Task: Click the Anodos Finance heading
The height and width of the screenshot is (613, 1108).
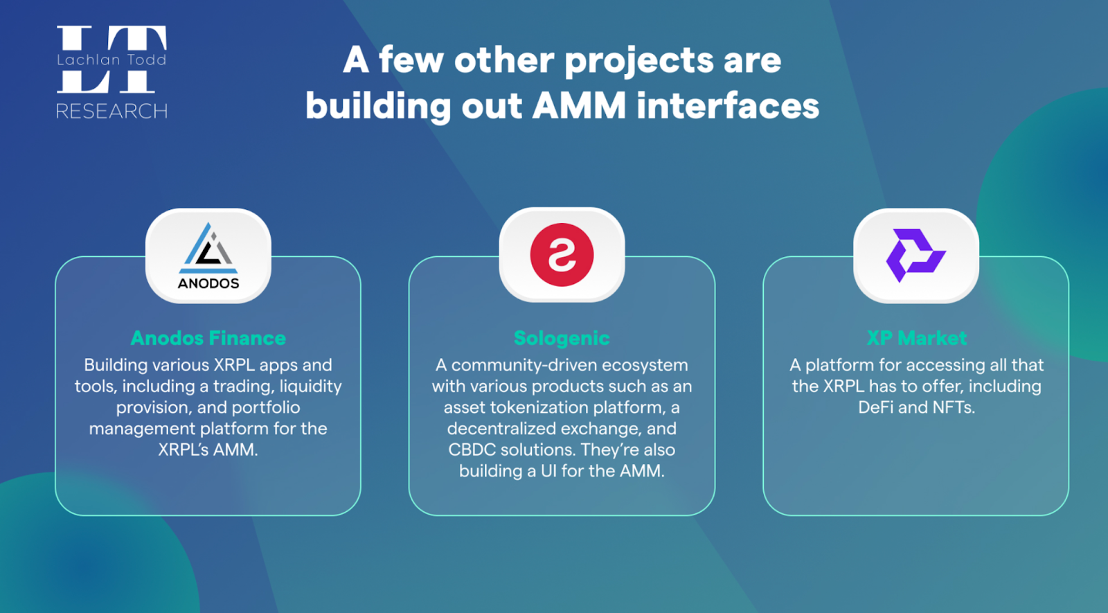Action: pyautogui.click(x=208, y=339)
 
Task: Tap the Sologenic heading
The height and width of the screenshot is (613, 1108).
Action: pyautogui.click(x=562, y=339)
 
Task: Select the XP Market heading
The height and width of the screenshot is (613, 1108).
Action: pyautogui.click(x=917, y=339)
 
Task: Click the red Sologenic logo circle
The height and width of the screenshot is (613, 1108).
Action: pyautogui.click(x=562, y=255)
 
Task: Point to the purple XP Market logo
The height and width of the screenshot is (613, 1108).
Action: pyautogui.click(x=915, y=256)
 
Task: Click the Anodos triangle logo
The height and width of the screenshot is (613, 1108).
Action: pyautogui.click(x=208, y=249)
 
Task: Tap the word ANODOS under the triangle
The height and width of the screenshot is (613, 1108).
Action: pyautogui.click(x=208, y=283)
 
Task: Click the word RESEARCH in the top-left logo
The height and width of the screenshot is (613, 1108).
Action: pyautogui.click(x=111, y=111)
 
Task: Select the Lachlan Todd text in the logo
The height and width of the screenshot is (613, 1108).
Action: pyautogui.click(x=111, y=60)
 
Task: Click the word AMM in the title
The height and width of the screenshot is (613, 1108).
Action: pyautogui.click(x=579, y=106)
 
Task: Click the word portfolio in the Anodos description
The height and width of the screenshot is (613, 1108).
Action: pyautogui.click(x=266, y=408)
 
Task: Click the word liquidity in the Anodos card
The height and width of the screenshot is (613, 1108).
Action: pyautogui.click(x=311, y=387)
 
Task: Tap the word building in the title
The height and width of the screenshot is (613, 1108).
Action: pyautogui.click(x=378, y=107)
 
